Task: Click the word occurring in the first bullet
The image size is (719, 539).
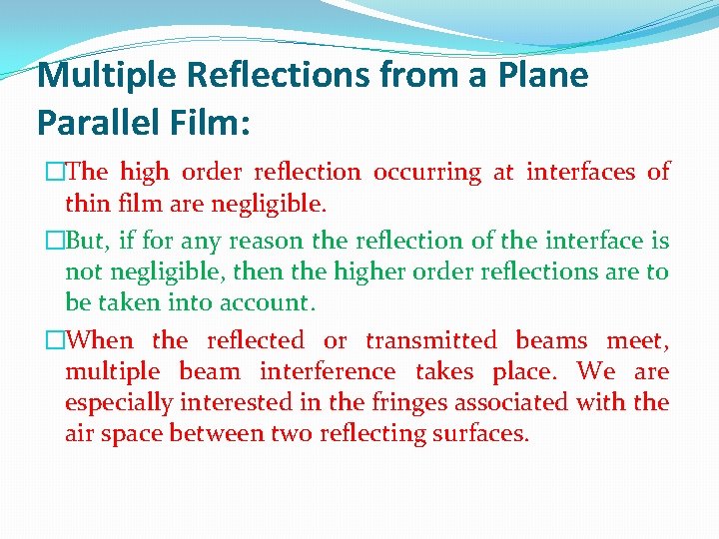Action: (x=427, y=172)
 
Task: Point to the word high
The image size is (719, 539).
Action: (x=145, y=172)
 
